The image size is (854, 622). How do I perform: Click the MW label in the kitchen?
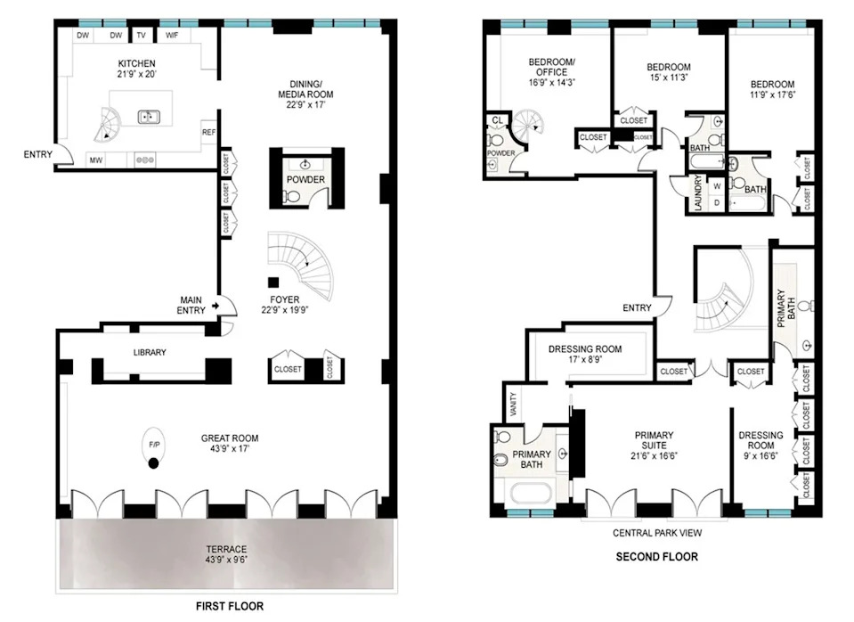click(x=96, y=160)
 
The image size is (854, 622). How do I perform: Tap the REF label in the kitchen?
click(x=209, y=133)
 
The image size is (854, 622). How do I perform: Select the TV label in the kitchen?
click(x=141, y=36)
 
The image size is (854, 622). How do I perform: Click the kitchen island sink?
click(x=148, y=117)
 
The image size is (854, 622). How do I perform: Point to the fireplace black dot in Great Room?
click(x=153, y=464)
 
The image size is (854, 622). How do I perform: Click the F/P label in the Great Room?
click(x=154, y=445)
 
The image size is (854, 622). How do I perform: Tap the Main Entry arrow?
click(x=216, y=306)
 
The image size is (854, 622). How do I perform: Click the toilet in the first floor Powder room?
click(x=292, y=196)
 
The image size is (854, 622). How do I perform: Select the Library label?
click(x=150, y=353)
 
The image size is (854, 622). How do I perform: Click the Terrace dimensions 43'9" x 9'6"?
click(x=226, y=560)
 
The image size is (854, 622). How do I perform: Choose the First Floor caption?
click(x=230, y=606)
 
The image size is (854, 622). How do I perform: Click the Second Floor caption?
click(x=657, y=557)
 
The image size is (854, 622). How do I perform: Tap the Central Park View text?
click(x=657, y=533)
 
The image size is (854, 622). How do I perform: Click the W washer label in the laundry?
click(x=717, y=186)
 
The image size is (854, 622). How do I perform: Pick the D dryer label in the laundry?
click(x=717, y=203)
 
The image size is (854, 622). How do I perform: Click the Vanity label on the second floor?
click(x=514, y=405)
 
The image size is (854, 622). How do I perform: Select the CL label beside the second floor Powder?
click(x=497, y=120)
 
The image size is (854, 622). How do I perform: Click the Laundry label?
click(x=698, y=192)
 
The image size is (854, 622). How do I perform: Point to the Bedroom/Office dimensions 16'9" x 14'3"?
click(x=552, y=83)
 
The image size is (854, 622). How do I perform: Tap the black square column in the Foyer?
click(x=273, y=282)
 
